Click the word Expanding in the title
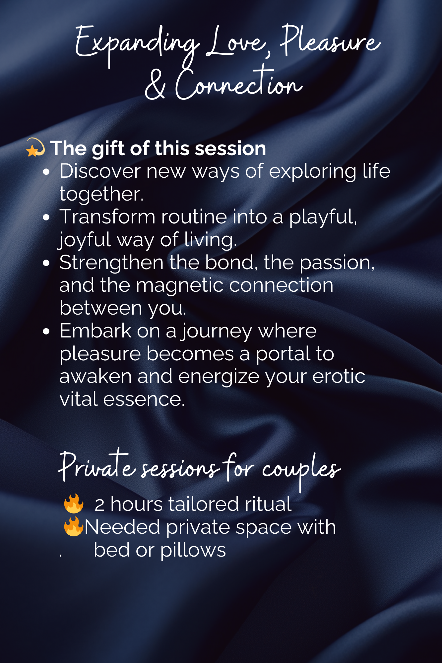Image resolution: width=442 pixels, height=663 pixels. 138,45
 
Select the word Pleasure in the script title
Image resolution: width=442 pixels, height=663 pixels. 330,41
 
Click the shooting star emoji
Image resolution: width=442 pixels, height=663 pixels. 35,147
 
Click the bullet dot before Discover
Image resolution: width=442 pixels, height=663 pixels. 46,172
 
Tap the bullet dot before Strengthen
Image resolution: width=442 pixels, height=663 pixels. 46,263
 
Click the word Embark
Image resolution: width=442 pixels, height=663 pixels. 95,331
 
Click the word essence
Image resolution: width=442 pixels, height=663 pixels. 144,399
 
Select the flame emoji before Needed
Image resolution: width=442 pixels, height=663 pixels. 74,526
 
